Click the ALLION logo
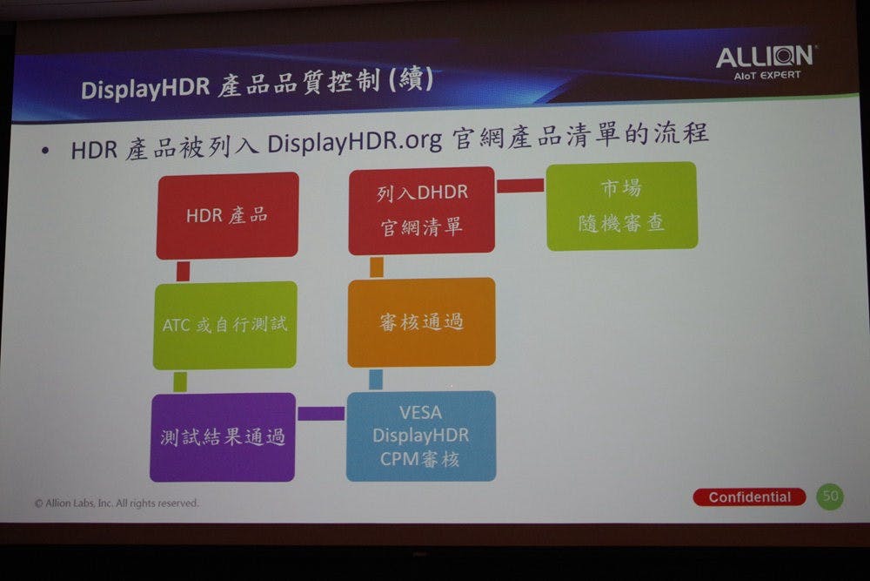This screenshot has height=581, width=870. click(766, 62)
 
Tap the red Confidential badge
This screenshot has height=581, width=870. click(750, 497)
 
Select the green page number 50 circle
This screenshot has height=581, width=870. click(830, 496)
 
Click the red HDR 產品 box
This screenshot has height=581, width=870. click(227, 215)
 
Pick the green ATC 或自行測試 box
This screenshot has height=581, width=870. click(224, 325)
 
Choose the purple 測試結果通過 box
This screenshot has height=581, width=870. click(223, 437)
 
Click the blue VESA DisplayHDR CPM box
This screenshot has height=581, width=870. click(421, 436)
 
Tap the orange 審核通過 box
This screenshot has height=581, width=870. click(422, 322)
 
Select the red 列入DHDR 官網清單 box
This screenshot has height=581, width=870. click(422, 210)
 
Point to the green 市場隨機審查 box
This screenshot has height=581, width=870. click(622, 206)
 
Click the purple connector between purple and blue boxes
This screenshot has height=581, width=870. click(321, 413)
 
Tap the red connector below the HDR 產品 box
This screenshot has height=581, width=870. click(183, 271)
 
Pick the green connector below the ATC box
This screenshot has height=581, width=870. click(180, 382)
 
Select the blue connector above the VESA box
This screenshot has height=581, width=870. click(376, 380)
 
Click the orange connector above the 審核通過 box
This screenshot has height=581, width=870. click(377, 267)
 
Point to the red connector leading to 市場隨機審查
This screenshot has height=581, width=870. click(520, 186)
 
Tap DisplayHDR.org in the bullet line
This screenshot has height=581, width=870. click(355, 142)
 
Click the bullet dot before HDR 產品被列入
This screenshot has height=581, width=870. click(45, 150)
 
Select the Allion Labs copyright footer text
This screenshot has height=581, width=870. click(117, 503)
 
